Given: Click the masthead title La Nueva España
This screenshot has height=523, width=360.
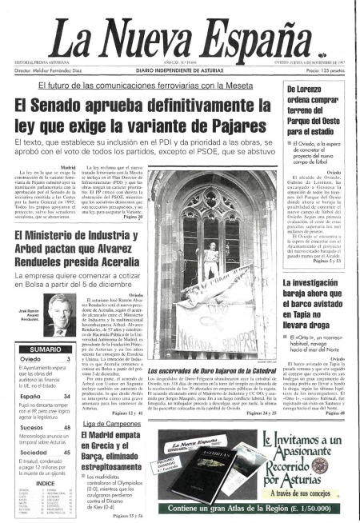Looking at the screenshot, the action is pyautogui.click(x=179, y=33).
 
